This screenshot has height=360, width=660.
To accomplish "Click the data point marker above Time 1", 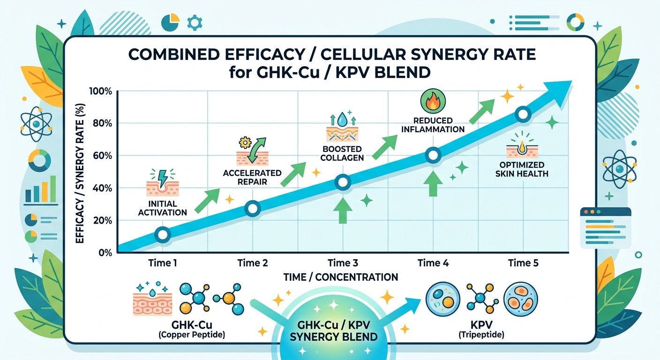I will pos(162,235).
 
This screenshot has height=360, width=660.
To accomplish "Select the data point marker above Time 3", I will pos(343,182).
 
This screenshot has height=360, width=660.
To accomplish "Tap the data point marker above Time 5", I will pos(523,114).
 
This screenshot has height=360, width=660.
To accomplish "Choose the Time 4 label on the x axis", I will pos(433,263).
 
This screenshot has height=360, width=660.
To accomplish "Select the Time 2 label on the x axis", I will pos(252,263).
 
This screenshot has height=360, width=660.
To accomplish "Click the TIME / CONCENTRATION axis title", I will pos(341,277).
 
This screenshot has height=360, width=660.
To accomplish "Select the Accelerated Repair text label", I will pos(252,177).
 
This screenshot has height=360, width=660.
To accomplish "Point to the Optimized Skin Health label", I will pos(522,169).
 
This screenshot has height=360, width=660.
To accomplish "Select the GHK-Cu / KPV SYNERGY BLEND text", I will pos(333,331).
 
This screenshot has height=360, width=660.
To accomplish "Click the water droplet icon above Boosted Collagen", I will pos(343,118).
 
